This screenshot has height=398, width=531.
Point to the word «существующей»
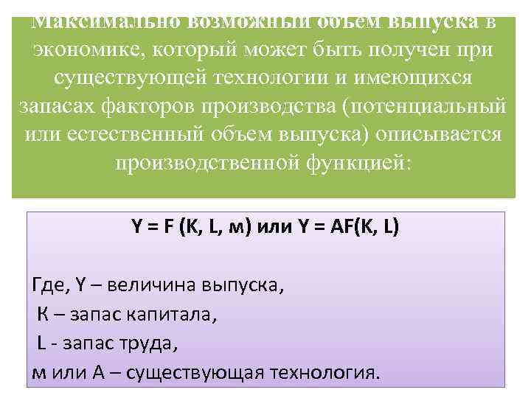coord(140,77)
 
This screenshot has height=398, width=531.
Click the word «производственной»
coord(207,161)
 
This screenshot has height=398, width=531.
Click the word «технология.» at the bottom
coord(324,373)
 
